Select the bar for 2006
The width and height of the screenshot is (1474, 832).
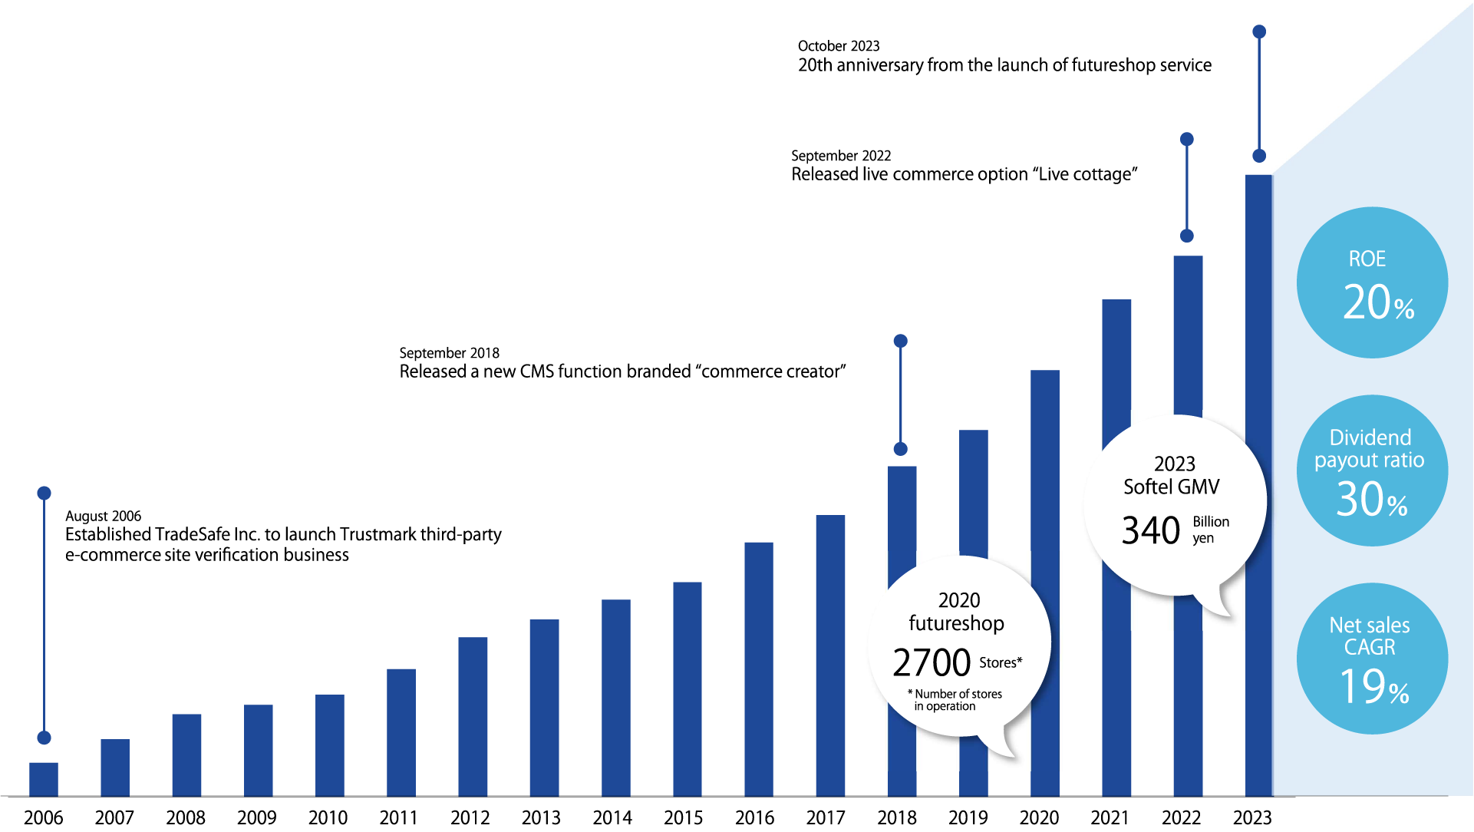click(44, 779)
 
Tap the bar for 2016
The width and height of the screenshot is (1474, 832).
click(759, 669)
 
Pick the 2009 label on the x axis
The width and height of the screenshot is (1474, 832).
click(256, 817)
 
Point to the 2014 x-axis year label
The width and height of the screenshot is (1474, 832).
click(612, 817)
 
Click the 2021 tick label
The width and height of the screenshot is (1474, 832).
click(1110, 817)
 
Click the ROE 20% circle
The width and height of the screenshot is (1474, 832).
click(1372, 282)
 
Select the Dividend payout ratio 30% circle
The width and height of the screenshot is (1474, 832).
click(1372, 470)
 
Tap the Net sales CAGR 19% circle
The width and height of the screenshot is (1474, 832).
click(1372, 659)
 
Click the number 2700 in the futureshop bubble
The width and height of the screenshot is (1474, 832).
click(932, 662)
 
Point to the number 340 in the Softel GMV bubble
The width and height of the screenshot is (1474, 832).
click(1150, 530)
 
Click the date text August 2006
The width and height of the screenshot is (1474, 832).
click(104, 516)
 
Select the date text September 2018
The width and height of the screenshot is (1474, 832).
click(449, 353)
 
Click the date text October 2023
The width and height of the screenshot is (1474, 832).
click(839, 46)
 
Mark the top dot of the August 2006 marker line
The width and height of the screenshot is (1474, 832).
click(45, 493)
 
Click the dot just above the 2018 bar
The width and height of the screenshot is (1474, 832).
click(901, 449)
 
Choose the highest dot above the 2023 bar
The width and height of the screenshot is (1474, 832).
click(1259, 31)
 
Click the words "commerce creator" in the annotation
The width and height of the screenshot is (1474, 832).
click(770, 371)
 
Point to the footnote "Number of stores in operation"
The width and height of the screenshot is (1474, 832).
click(957, 700)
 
